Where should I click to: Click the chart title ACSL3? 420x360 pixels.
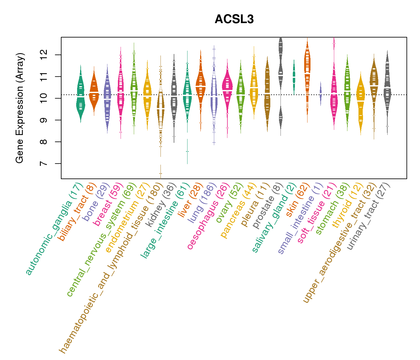(x=234, y=19)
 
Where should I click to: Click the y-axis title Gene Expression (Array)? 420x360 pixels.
(x=20, y=108)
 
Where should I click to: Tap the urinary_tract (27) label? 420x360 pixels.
(x=369, y=216)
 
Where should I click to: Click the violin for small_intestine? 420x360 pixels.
(x=321, y=93)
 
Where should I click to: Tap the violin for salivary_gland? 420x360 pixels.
(x=294, y=76)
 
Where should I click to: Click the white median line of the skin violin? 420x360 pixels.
(x=307, y=73)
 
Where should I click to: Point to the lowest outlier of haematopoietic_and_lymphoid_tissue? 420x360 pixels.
(x=160, y=173)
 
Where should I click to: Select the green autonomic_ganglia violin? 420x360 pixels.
(x=80, y=96)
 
